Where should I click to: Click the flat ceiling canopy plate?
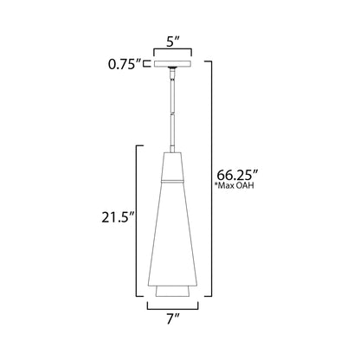point(180,62)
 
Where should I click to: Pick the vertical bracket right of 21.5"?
point(136,220)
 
